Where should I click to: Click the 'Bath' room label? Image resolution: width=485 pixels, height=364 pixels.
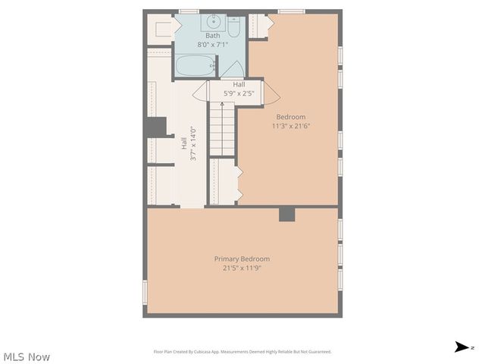(212, 36)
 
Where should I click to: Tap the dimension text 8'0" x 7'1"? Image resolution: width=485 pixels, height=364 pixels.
(212, 44)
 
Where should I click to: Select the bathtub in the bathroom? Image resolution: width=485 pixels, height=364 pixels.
(196, 66)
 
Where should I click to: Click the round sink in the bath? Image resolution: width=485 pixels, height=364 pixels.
(212, 21)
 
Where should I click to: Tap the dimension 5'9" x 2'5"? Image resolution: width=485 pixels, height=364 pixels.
(239, 93)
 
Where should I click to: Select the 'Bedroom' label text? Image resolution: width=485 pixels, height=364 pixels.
(291, 117)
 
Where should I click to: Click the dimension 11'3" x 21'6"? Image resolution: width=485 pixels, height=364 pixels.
(291, 126)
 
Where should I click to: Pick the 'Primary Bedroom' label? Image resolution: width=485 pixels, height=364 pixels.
(242, 259)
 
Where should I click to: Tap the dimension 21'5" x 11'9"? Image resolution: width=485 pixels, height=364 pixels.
(242, 268)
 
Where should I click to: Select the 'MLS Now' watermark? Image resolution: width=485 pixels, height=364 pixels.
(27, 356)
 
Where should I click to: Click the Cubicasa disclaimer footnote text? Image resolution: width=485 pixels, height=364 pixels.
(242, 351)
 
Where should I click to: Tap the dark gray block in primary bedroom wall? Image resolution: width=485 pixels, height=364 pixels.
(286, 214)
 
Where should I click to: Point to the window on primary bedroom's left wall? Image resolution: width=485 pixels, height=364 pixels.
(145, 292)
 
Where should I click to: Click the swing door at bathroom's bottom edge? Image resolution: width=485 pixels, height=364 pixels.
(231, 69)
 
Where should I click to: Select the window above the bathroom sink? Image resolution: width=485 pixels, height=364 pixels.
(189, 11)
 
